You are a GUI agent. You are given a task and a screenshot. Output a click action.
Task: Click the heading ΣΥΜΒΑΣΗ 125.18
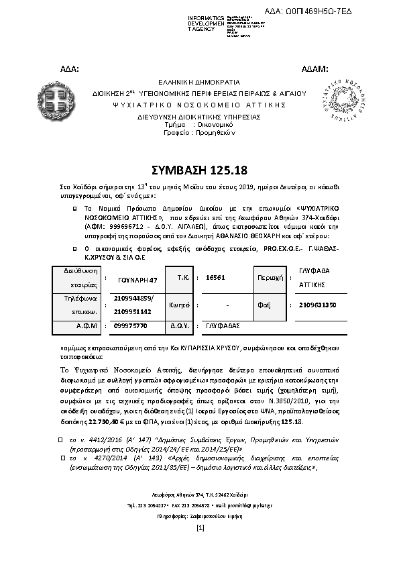pos(199,168)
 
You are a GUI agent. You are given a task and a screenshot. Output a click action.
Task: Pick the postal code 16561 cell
pos(215,276)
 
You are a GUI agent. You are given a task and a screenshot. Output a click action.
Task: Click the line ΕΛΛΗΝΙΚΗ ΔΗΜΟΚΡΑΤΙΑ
pos(199,80)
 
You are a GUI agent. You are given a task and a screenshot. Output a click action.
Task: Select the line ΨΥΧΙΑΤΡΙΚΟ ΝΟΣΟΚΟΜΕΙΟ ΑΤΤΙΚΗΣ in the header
pos(199,105)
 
